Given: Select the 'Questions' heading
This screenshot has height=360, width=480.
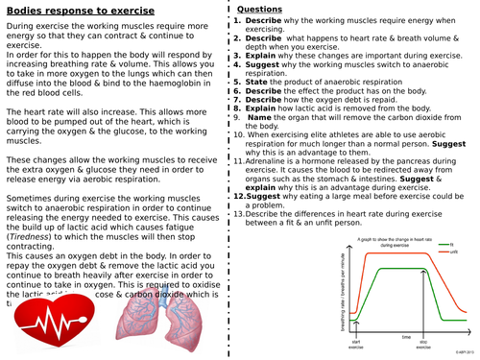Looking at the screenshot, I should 265,9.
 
